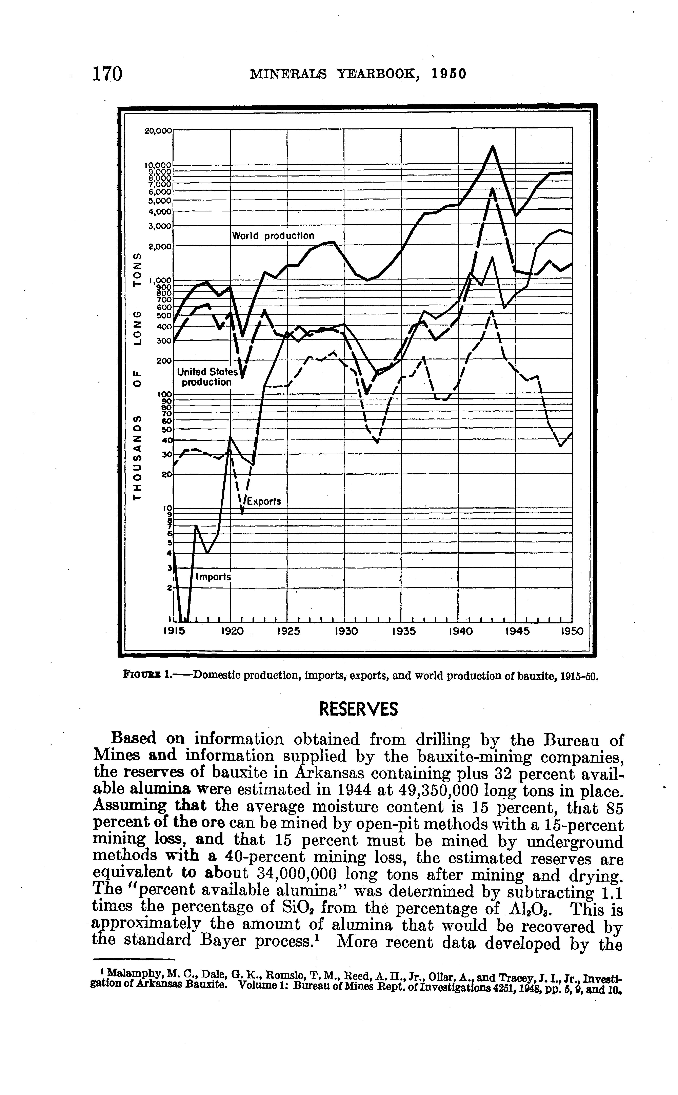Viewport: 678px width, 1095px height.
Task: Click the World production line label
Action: [273, 236]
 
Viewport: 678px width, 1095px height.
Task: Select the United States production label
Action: [207, 377]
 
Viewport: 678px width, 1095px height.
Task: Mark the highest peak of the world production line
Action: [492, 147]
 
